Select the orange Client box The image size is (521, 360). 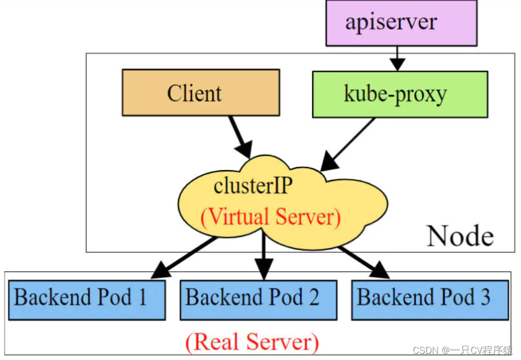pos(200,93)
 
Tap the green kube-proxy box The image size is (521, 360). pos(399,94)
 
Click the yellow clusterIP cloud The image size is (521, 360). pos(282,201)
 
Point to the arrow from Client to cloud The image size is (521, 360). pos(240,136)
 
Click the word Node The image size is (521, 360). pos(460,236)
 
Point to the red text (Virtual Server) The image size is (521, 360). pos(271,217)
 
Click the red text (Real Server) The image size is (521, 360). pos(252,342)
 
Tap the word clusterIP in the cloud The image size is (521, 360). pos(253,186)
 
